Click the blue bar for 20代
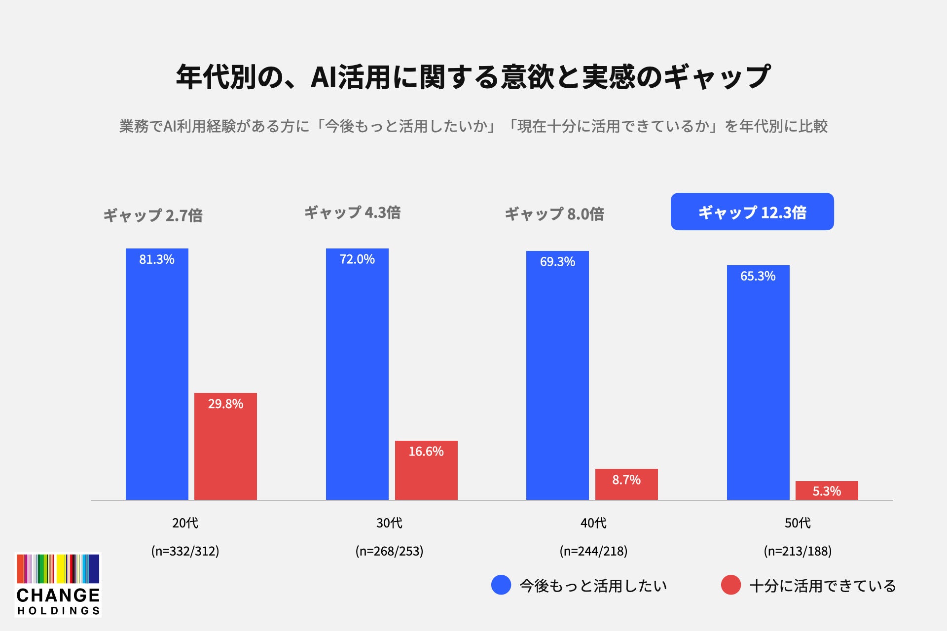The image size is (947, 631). click(x=157, y=374)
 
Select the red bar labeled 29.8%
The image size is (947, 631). click(x=225, y=446)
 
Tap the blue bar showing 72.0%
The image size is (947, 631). click(x=357, y=374)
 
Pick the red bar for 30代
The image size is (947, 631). click(x=426, y=470)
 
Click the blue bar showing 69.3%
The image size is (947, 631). click(x=557, y=375)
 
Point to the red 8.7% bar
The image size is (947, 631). click(x=626, y=484)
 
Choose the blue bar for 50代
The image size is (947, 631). click(x=758, y=383)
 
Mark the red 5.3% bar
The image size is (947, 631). click(x=827, y=491)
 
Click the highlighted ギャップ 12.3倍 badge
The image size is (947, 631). click(x=752, y=211)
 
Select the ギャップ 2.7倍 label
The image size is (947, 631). click(x=153, y=215)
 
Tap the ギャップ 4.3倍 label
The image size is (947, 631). click(x=353, y=212)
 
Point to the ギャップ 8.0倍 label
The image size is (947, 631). click(x=554, y=214)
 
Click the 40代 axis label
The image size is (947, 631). click(x=593, y=523)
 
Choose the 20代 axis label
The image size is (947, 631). click(x=185, y=523)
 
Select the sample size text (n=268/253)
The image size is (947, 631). click(x=389, y=551)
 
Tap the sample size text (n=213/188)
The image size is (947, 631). click(x=798, y=551)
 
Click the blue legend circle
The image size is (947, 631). click(x=501, y=585)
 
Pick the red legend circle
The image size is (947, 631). click(x=731, y=585)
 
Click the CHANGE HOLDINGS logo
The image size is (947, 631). click(x=58, y=585)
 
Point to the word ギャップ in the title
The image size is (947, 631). click(x=716, y=77)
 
